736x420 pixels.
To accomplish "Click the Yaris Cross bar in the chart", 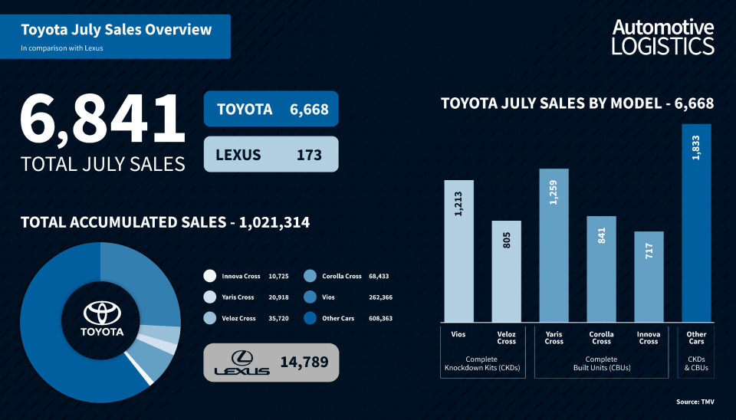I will pos(554,245).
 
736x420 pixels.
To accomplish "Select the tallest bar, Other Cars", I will pos(696,222).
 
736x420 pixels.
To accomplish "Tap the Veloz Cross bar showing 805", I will pos(506,271).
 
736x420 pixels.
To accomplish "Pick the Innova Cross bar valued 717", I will pos(649,277).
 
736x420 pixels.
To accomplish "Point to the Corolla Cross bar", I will pos(601,269).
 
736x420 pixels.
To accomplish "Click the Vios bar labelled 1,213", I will pos(458,251).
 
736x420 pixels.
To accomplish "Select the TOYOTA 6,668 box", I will pos(271,110).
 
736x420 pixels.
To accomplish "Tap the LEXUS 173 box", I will pos(271,155).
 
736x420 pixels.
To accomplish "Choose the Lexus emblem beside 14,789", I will pos(242,363).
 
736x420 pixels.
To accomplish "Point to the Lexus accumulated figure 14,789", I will pos(301,362).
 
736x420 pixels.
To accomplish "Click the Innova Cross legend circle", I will pos(210,276).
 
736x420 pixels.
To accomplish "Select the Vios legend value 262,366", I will pos(380,297).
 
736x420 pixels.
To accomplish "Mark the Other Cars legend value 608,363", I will pos(380,317).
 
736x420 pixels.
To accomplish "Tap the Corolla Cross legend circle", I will pos(310,276).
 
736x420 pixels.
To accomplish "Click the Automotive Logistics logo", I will pos(662,37).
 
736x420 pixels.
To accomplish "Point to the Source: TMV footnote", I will pos(695,402).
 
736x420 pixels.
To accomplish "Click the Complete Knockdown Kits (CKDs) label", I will pos(481,363).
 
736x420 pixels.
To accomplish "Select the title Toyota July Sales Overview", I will pos(116,31).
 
